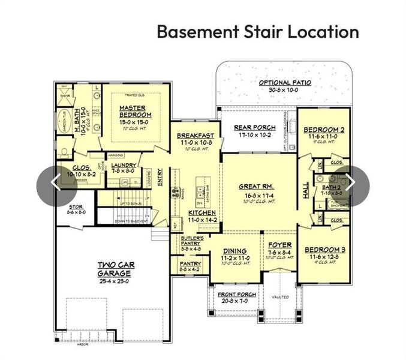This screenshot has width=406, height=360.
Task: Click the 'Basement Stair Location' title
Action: point(258,31)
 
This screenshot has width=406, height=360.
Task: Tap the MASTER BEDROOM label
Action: point(135,111)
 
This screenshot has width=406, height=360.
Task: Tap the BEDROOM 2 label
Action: point(324,130)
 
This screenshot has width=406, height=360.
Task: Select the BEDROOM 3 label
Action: point(324,249)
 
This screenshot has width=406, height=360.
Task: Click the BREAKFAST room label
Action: point(196,136)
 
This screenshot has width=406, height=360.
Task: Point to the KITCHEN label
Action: point(202,213)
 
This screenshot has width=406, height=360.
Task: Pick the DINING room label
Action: point(234,252)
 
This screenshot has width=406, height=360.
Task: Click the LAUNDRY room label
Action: point(124,165)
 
